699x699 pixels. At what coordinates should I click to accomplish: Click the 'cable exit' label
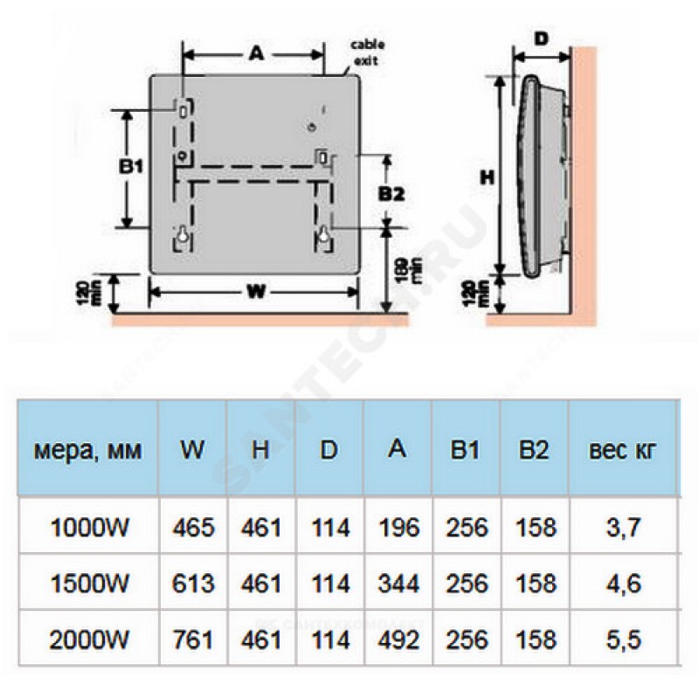point(367,52)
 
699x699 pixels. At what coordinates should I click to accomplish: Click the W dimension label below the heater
point(254,294)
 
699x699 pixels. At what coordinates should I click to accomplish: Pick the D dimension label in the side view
point(541,39)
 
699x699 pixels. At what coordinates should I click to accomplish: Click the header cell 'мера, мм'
point(88,451)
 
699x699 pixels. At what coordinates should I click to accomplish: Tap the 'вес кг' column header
point(621,451)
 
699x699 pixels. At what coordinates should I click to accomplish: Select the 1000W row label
point(88,528)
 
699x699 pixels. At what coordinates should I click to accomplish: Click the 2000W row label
point(88,640)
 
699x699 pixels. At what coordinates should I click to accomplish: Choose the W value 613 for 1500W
point(193,584)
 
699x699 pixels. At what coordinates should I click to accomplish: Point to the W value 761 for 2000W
point(193,640)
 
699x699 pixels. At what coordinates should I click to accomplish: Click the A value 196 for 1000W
point(398,528)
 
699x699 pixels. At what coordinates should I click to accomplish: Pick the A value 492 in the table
point(398,640)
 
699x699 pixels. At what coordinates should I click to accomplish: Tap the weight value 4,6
point(621,584)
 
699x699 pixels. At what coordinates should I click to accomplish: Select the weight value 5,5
point(621,640)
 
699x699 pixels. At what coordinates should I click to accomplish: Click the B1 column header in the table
point(467,451)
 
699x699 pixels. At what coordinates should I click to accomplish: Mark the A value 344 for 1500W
point(398,584)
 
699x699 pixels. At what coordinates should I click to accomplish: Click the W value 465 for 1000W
point(193,528)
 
